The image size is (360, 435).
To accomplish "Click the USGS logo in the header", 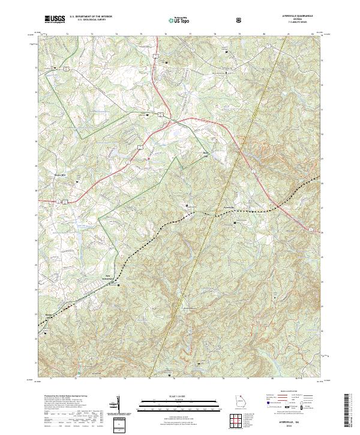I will tap(55, 19).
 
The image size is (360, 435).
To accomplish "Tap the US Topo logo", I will tap(173, 20).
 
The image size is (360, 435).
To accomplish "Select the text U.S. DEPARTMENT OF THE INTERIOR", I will tap(90, 17).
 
